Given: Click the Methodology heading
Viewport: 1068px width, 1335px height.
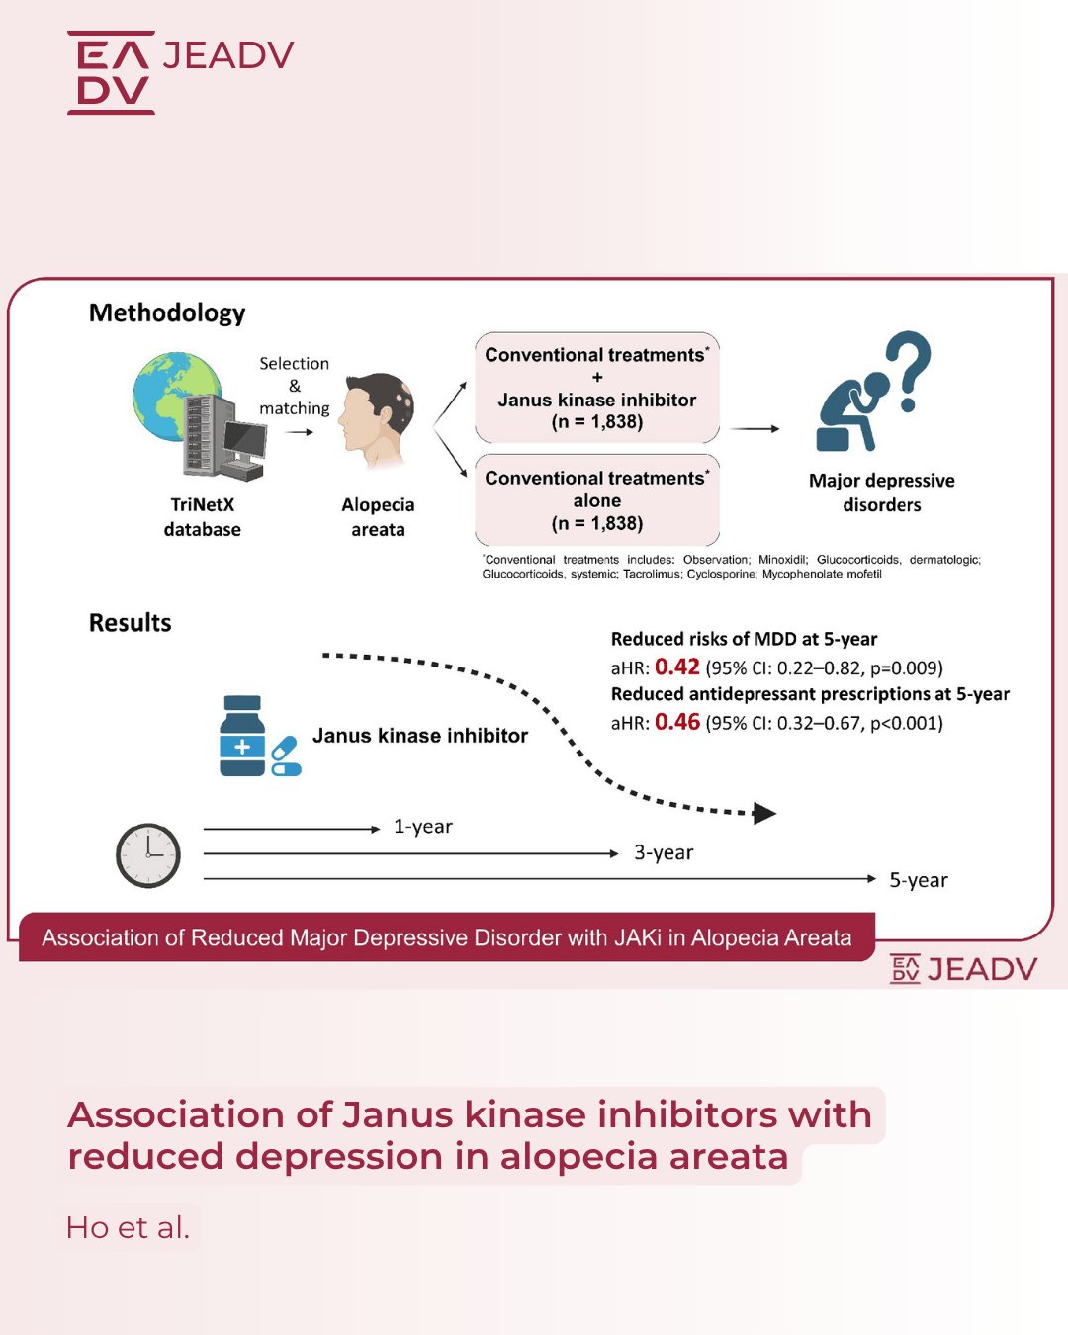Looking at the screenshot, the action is (167, 313).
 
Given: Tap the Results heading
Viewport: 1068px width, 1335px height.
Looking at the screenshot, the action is (130, 622).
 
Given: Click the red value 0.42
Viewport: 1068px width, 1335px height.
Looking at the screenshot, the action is (676, 667).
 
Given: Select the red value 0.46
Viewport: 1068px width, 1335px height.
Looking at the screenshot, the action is (676, 722).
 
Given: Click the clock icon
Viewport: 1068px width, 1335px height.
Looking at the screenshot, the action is (148, 855).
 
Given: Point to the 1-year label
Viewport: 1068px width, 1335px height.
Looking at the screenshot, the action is (422, 827).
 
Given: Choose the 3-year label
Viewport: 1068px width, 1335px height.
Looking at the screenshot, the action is (663, 853).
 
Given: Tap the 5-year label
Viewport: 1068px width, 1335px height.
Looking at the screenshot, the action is (919, 880).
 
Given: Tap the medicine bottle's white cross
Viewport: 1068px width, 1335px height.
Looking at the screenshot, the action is (242, 747).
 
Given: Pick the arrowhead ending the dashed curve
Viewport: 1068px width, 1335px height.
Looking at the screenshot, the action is (764, 813).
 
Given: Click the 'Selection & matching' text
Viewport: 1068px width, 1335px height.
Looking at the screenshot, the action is (294, 386).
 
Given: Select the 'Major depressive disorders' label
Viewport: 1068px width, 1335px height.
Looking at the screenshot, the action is (881, 491).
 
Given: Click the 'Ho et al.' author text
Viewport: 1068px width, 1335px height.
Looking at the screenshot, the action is (128, 1227).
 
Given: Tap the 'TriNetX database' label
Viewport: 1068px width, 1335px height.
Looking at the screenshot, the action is (203, 517).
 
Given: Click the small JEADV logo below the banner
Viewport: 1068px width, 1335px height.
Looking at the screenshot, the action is (963, 969).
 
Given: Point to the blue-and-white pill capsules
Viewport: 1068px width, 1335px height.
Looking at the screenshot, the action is (286, 756).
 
